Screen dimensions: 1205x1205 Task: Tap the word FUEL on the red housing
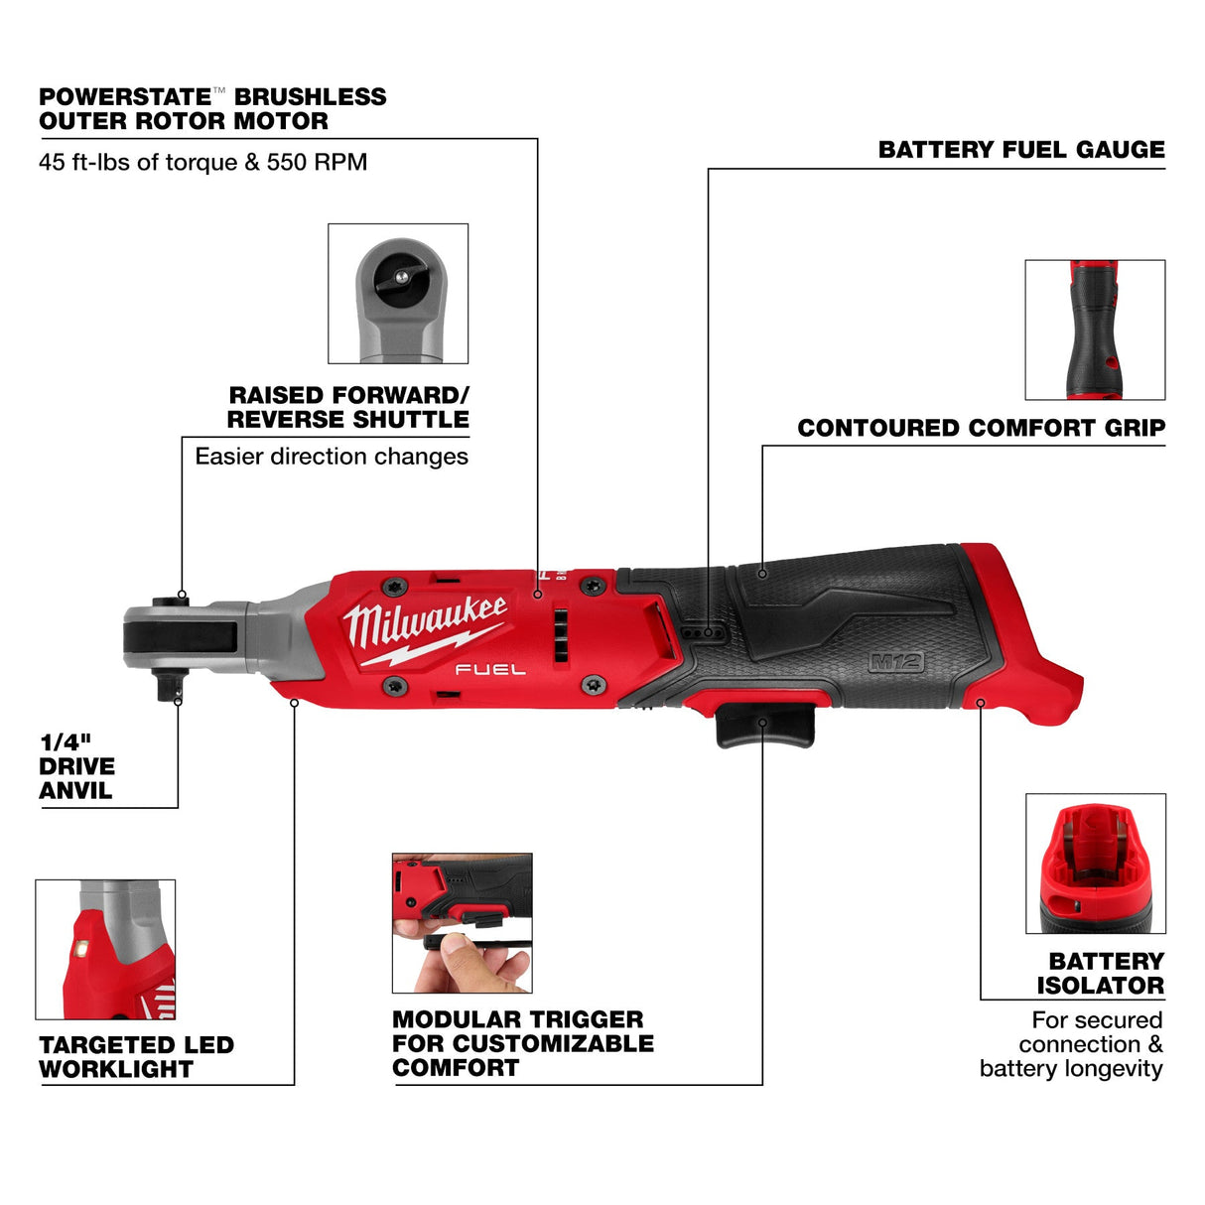pos(490,670)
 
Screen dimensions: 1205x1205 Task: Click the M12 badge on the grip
pos(895,662)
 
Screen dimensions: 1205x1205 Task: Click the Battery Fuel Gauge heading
pos(1021,150)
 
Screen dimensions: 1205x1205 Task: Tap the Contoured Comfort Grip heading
pos(981,428)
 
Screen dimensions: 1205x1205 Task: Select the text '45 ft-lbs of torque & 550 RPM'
pos(202,162)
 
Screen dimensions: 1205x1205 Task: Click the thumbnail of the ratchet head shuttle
pos(398,294)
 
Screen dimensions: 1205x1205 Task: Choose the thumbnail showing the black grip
pos(1095,330)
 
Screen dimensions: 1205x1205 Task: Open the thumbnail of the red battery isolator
pos(1095,864)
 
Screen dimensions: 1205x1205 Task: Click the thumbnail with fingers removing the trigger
pos(462,923)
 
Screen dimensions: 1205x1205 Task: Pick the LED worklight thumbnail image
pos(105,949)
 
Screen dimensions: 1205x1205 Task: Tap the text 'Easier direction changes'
pos(332,457)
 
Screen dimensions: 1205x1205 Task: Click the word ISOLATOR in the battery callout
pos(1100,986)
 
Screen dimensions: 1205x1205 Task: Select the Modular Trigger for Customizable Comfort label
pos(522,1043)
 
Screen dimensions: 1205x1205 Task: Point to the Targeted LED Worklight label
pos(136,1057)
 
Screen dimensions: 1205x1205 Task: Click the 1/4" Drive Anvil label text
pos(76,766)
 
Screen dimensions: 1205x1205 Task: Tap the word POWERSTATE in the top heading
pos(125,97)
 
